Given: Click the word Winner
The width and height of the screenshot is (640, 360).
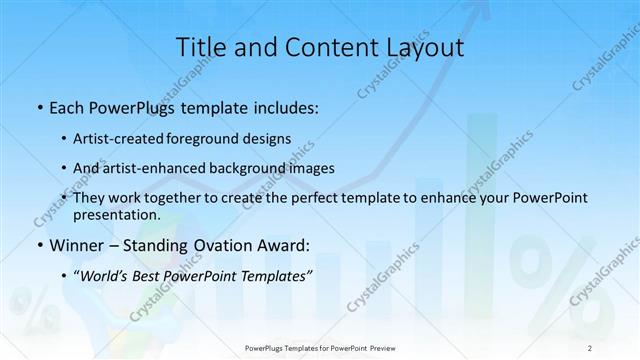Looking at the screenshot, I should [x=75, y=244].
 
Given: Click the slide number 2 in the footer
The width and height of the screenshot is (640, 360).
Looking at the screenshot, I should [x=590, y=347].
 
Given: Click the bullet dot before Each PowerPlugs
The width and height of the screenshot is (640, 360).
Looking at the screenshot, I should [x=38, y=106].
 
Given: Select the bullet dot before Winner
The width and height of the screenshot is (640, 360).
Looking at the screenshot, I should [x=38, y=245].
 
